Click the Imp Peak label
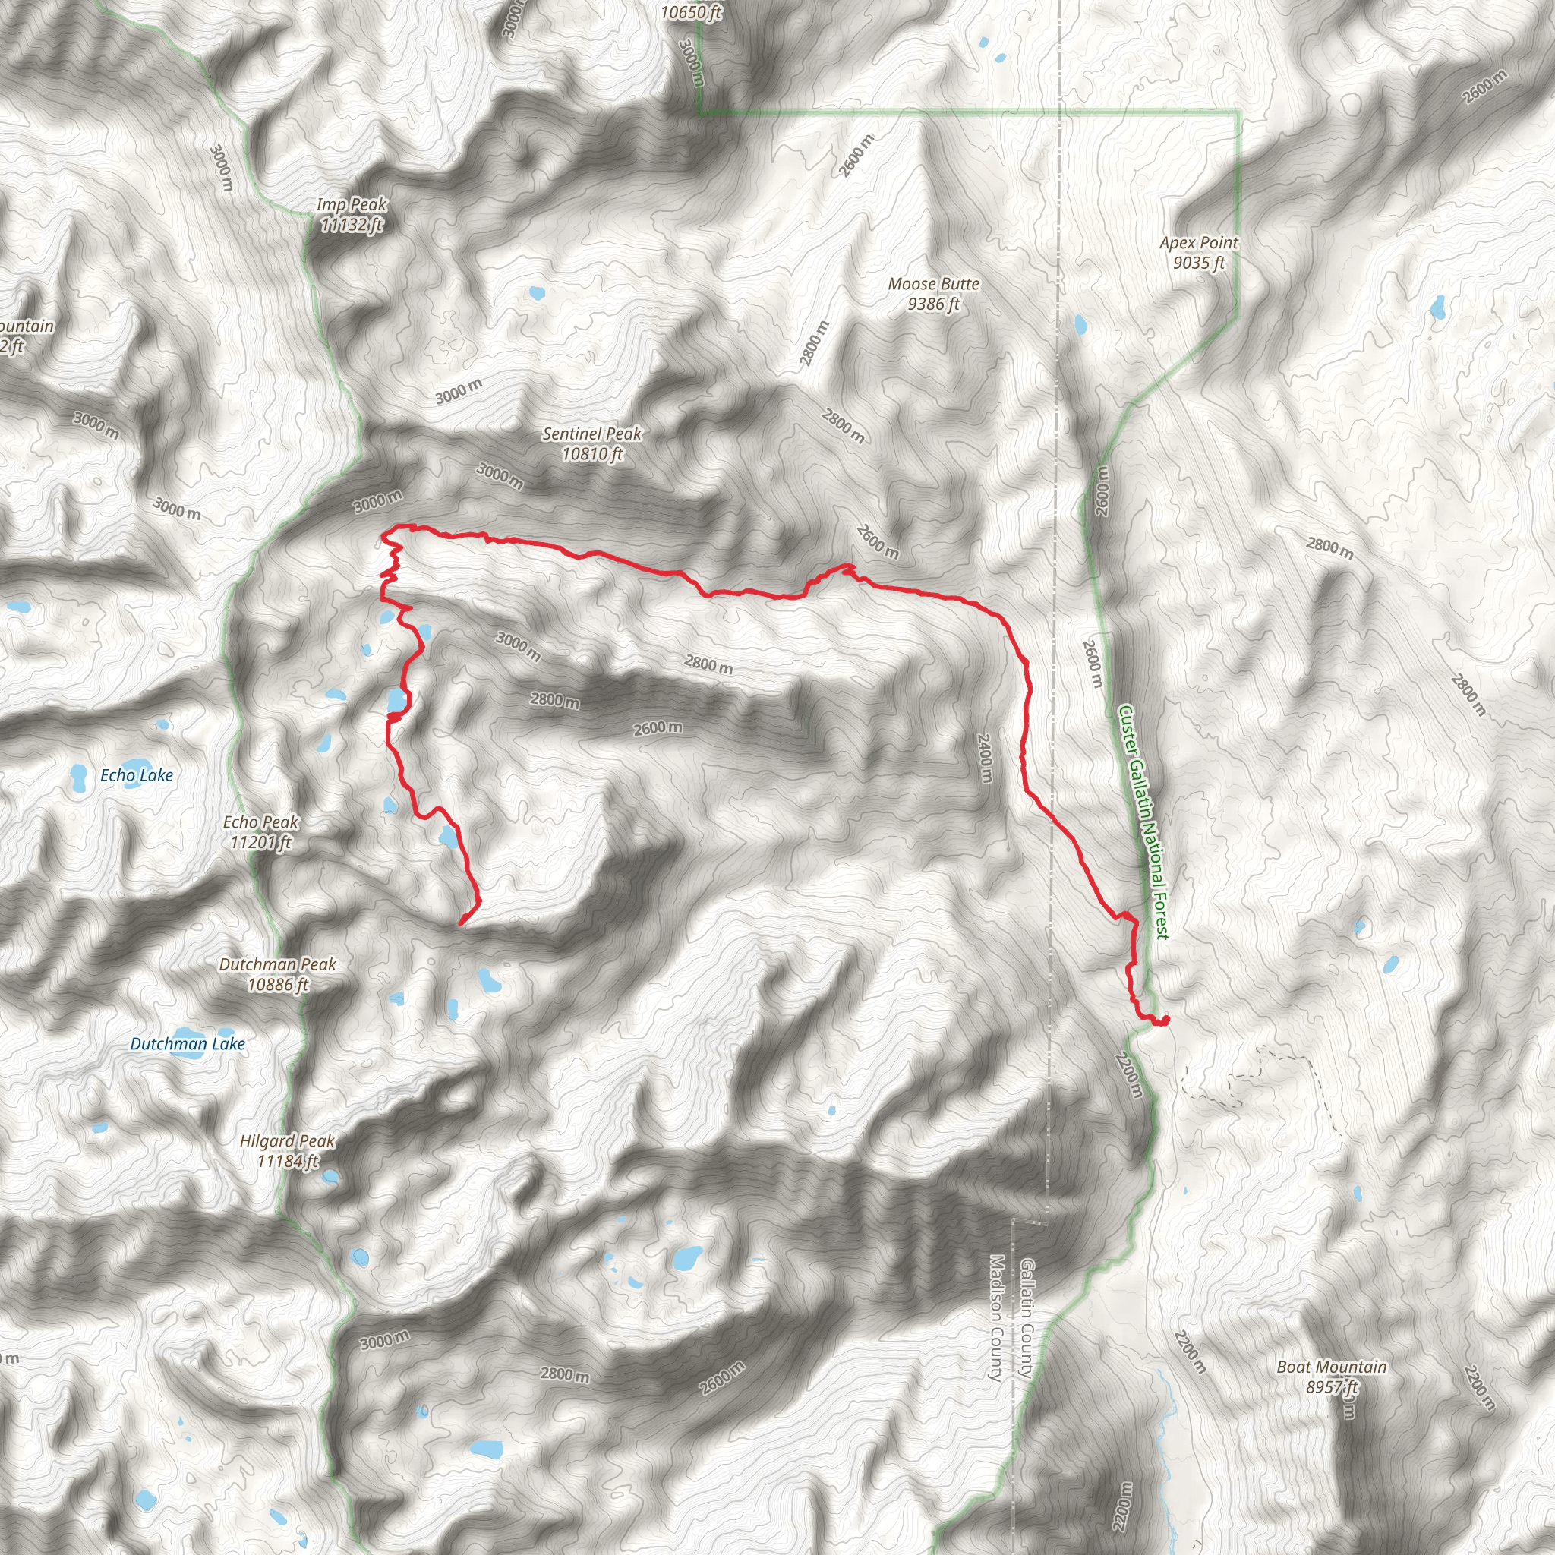352,215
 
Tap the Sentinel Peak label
592,443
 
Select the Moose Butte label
934,294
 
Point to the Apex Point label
1198,253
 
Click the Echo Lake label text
137,775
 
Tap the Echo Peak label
260,831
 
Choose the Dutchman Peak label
278,974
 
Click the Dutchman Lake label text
188,1044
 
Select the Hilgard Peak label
287,1151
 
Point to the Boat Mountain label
1331,1377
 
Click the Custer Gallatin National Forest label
1143,822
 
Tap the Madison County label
995,1317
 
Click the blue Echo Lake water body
79,777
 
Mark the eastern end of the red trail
1165,1020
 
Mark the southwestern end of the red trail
460,924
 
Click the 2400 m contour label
985,757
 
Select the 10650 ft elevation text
691,12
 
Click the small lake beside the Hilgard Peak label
330,1177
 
